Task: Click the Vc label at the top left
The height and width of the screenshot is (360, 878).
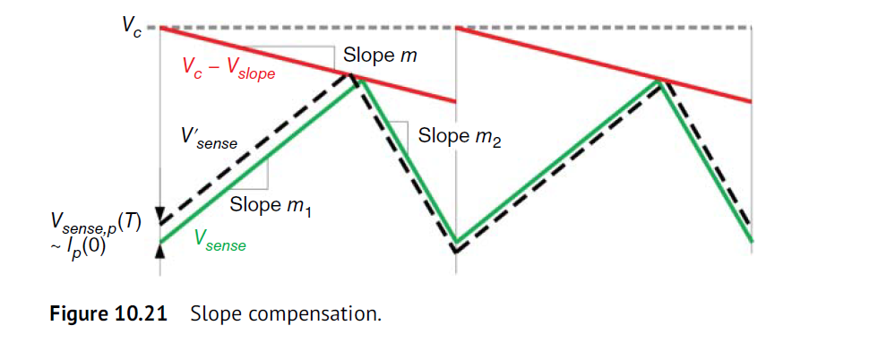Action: click(x=131, y=24)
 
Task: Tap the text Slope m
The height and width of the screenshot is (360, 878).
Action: click(x=380, y=56)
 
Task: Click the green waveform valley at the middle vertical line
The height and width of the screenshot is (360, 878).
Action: click(x=456, y=240)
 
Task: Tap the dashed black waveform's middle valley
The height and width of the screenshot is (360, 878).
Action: click(x=456, y=251)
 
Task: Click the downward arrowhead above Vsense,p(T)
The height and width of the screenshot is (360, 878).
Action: click(x=159, y=214)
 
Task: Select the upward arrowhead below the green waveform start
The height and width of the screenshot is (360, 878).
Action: click(x=159, y=250)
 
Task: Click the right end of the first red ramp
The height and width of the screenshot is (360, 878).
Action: click(x=455, y=101)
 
